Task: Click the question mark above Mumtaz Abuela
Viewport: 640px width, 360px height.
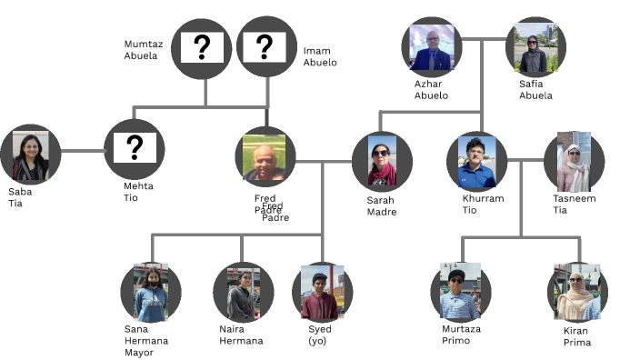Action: tap(202, 48)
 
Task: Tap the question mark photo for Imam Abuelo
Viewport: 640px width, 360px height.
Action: tap(265, 48)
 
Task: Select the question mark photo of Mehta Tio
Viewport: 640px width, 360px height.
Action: tap(135, 148)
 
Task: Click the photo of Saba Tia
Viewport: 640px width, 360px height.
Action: tap(31, 156)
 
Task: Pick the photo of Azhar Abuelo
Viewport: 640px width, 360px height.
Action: tap(431, 47)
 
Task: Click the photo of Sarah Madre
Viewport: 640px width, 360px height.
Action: tap(382, 163)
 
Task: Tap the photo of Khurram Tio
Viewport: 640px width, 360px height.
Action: tap(477, 161)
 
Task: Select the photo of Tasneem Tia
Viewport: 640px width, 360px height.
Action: tap(574, 163)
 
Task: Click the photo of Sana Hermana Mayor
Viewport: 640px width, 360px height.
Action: tap(151, 293)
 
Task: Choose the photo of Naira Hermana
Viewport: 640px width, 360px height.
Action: tap(243, 293)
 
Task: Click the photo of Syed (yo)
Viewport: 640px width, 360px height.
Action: tap(322, 292)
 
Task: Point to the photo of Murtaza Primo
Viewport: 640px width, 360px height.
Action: tap(459, 292)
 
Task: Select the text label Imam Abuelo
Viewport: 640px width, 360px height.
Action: tap(320, 57)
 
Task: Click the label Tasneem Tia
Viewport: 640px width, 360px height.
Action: tap(575, 205)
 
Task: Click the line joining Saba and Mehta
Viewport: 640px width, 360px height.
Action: tap(83, 150)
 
